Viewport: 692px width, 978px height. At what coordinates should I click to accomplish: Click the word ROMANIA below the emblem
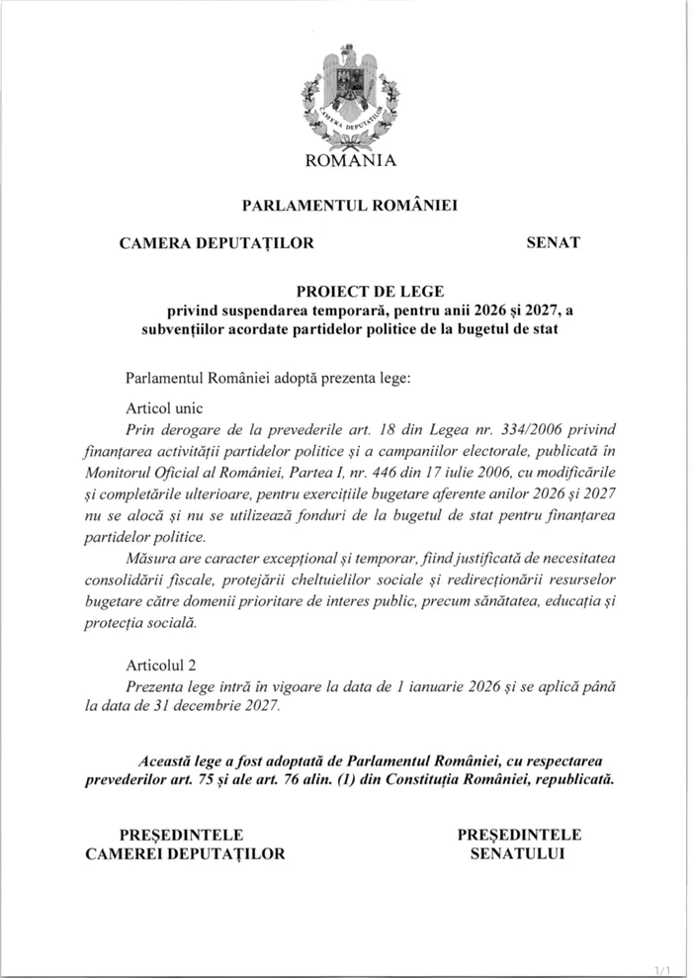[x=351, y=161]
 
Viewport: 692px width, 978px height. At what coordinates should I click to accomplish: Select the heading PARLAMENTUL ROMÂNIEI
[x=351, y=207]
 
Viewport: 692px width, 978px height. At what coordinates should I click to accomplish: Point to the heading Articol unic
[x=163, y=407]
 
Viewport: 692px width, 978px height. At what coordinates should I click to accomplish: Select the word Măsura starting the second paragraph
[x=152, y=558]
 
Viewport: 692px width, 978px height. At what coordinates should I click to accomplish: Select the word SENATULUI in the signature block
[x=518, y=852]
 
